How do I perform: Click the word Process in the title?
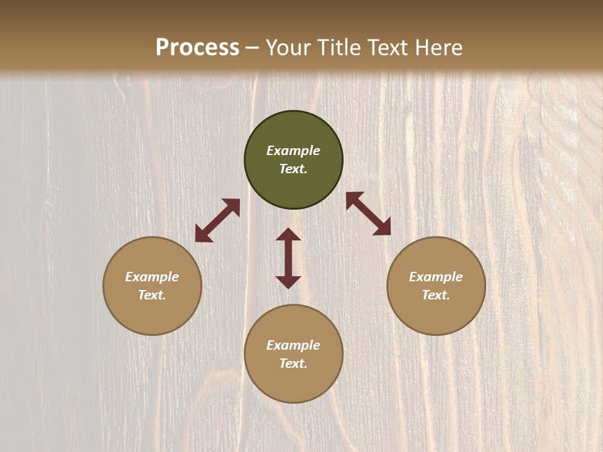[197, 48]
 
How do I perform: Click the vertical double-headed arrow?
[288, 258]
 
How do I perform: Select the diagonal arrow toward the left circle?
[217, 220]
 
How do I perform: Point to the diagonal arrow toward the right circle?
[368, 213]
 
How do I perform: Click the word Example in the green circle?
[293, 151]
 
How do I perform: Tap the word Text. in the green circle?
[293, 169]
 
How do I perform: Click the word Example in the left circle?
[152, 277]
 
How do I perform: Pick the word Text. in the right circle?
[436, 295]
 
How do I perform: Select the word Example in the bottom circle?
[293, 345]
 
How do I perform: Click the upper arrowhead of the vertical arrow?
[288, 234]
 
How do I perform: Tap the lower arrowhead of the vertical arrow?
[288, 282]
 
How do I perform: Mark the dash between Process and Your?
[252, 48]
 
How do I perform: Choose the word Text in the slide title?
[389, 48]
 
